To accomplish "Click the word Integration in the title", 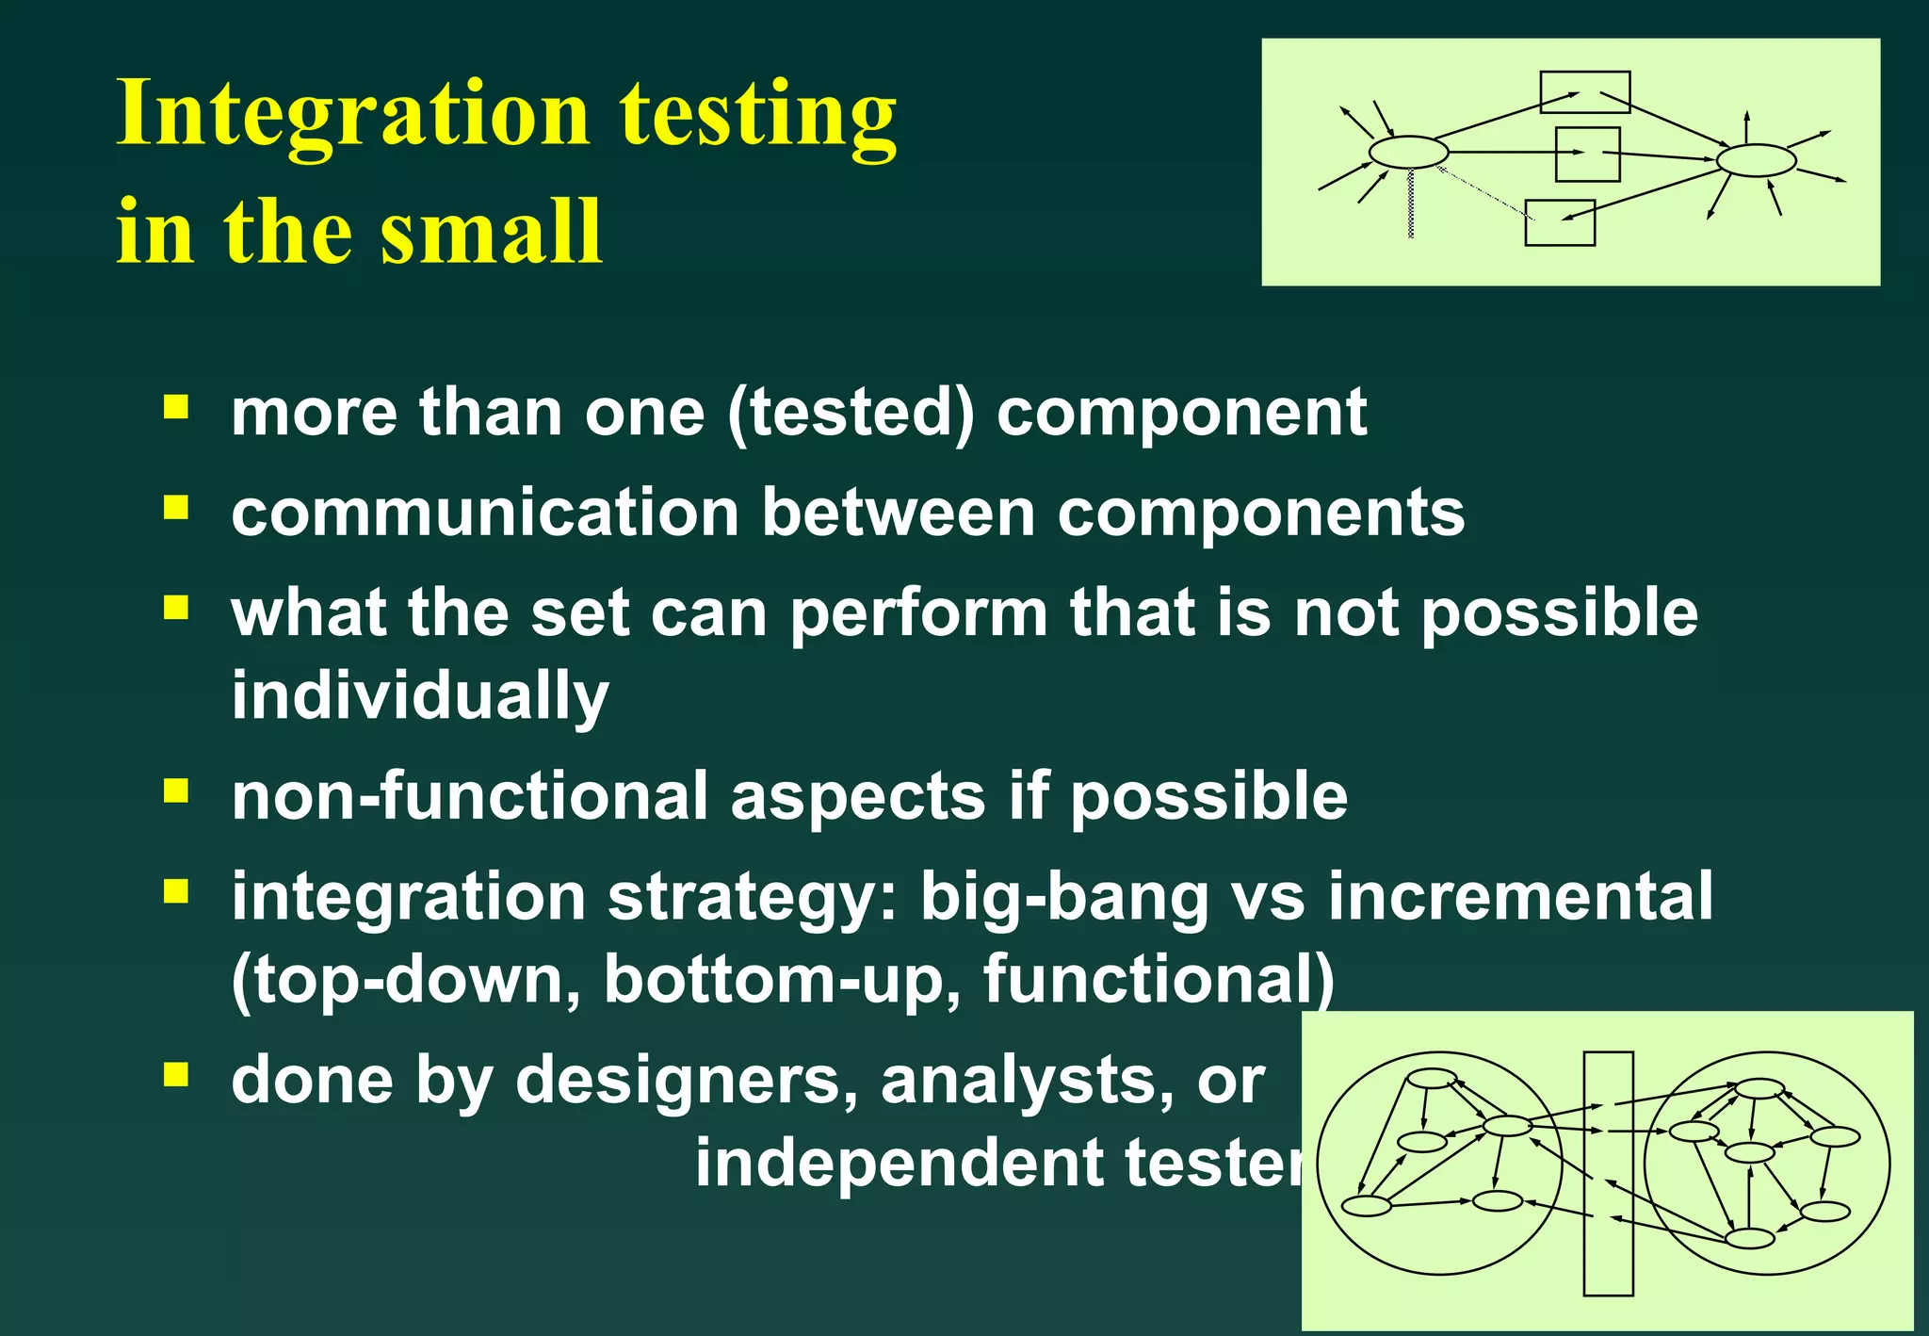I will coord(352,115).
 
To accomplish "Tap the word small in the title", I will coord(490,232).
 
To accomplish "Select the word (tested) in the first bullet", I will coord(851,413).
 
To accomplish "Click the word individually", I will coord(420,695).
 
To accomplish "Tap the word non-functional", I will coord(469,795).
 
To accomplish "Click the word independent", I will coord(899,1163).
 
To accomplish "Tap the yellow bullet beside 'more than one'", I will coord(176,408).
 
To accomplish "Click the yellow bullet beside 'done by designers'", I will coord(176,1074).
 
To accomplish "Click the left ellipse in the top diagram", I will coord(1408,152).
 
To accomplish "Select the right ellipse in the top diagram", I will coord(1756,160).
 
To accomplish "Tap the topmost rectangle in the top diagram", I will coord(1585,91).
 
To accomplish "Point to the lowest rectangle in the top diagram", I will coord(1560,223).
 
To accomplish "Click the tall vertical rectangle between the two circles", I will coord(1608,1173).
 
